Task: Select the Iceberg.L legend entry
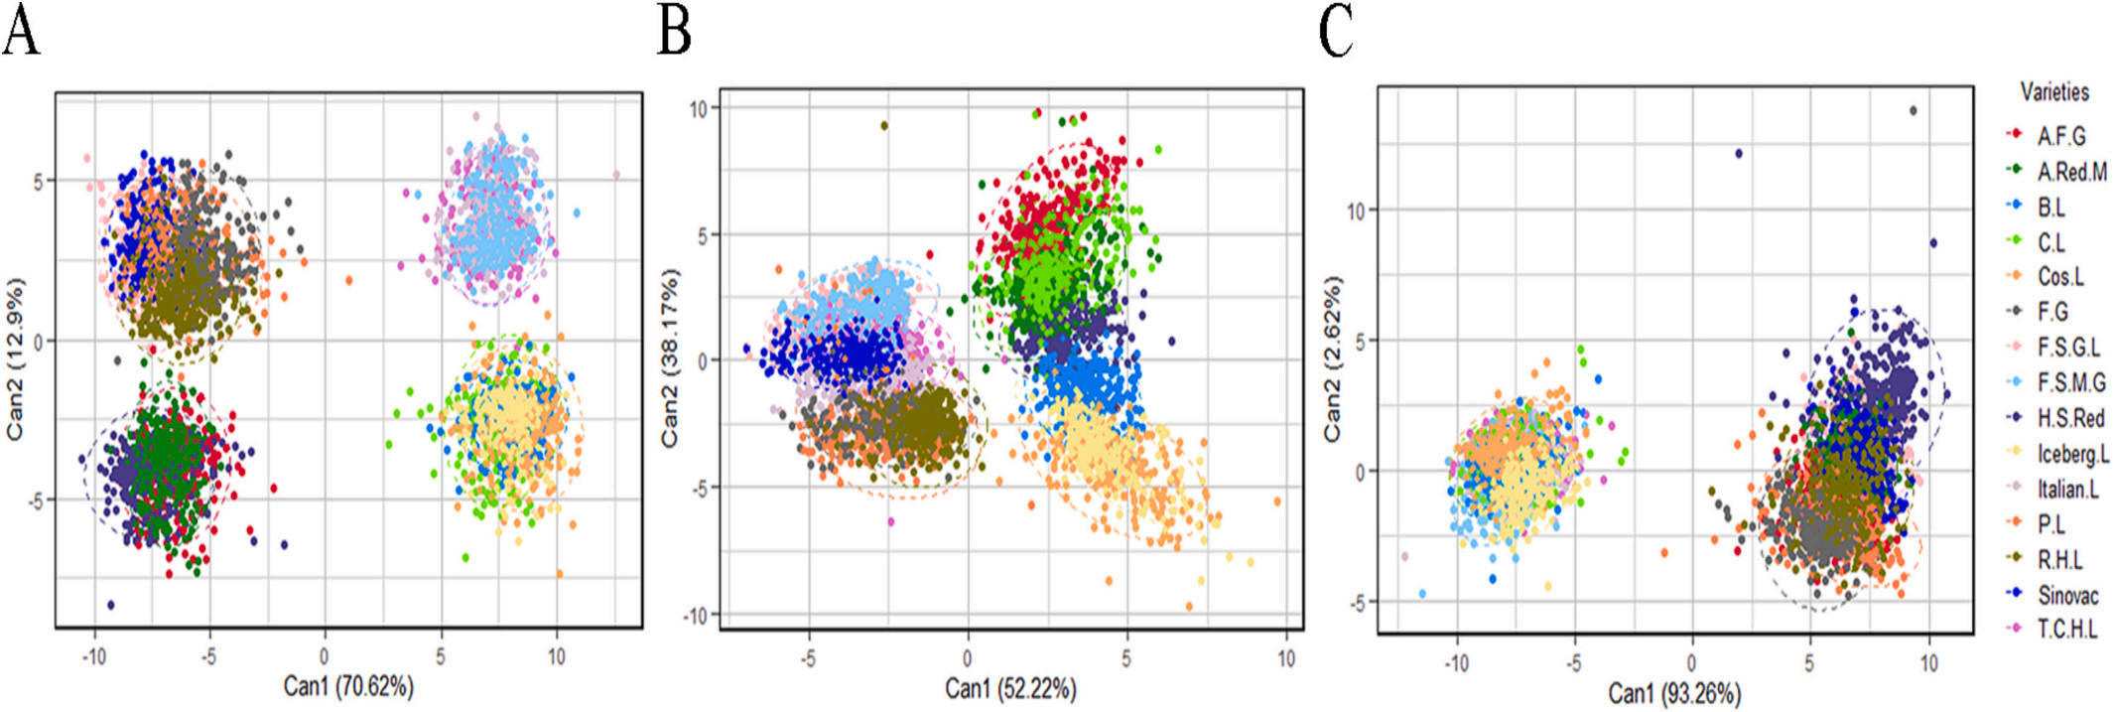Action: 2072,454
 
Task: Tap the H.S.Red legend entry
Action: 2070,418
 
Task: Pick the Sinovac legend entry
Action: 2067,595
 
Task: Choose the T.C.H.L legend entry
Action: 2066,630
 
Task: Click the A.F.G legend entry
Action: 2060,136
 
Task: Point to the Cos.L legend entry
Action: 2060,277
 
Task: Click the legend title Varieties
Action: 2054,92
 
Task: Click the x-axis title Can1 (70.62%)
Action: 348,685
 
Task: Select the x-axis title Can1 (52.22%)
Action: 1010,688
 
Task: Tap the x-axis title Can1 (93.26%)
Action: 1674,692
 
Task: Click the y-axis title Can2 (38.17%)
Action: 672,357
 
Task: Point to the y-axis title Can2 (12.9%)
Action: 14,357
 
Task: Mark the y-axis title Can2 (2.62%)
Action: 1332,357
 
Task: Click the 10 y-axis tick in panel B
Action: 698,108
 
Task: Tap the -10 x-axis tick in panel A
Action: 93,656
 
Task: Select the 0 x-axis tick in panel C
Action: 1691,662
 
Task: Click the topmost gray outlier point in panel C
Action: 1913,111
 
